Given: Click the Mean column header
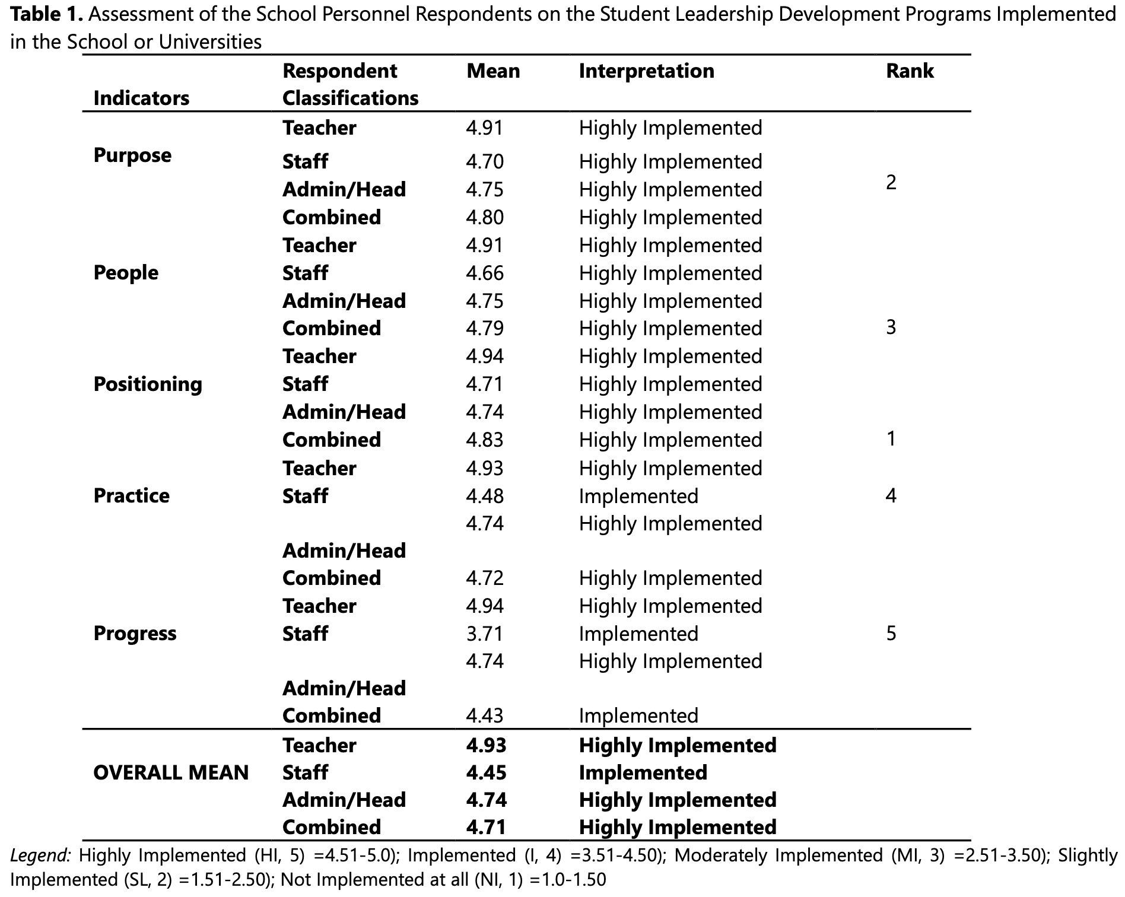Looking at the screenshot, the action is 493,71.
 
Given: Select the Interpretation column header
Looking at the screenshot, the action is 647,71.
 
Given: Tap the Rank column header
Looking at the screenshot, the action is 910,71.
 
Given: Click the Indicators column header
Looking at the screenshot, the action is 141,98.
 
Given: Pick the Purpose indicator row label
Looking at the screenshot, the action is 132,155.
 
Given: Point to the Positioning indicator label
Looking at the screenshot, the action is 148,384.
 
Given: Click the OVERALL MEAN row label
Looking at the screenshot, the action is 171,772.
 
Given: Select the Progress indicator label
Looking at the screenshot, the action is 135,634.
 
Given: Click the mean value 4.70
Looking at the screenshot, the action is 485,161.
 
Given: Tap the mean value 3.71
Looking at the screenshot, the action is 484,634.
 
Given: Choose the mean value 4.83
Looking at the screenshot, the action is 485,440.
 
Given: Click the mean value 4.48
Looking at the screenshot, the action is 485,496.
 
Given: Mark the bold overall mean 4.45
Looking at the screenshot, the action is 487,772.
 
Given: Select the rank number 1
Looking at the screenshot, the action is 891,439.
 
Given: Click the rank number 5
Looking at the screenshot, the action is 891,634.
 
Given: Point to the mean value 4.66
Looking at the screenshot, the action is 485,273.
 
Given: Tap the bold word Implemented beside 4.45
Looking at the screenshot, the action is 643,772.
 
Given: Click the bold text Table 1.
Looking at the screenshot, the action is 47,14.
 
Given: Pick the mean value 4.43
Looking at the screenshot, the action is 485,715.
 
